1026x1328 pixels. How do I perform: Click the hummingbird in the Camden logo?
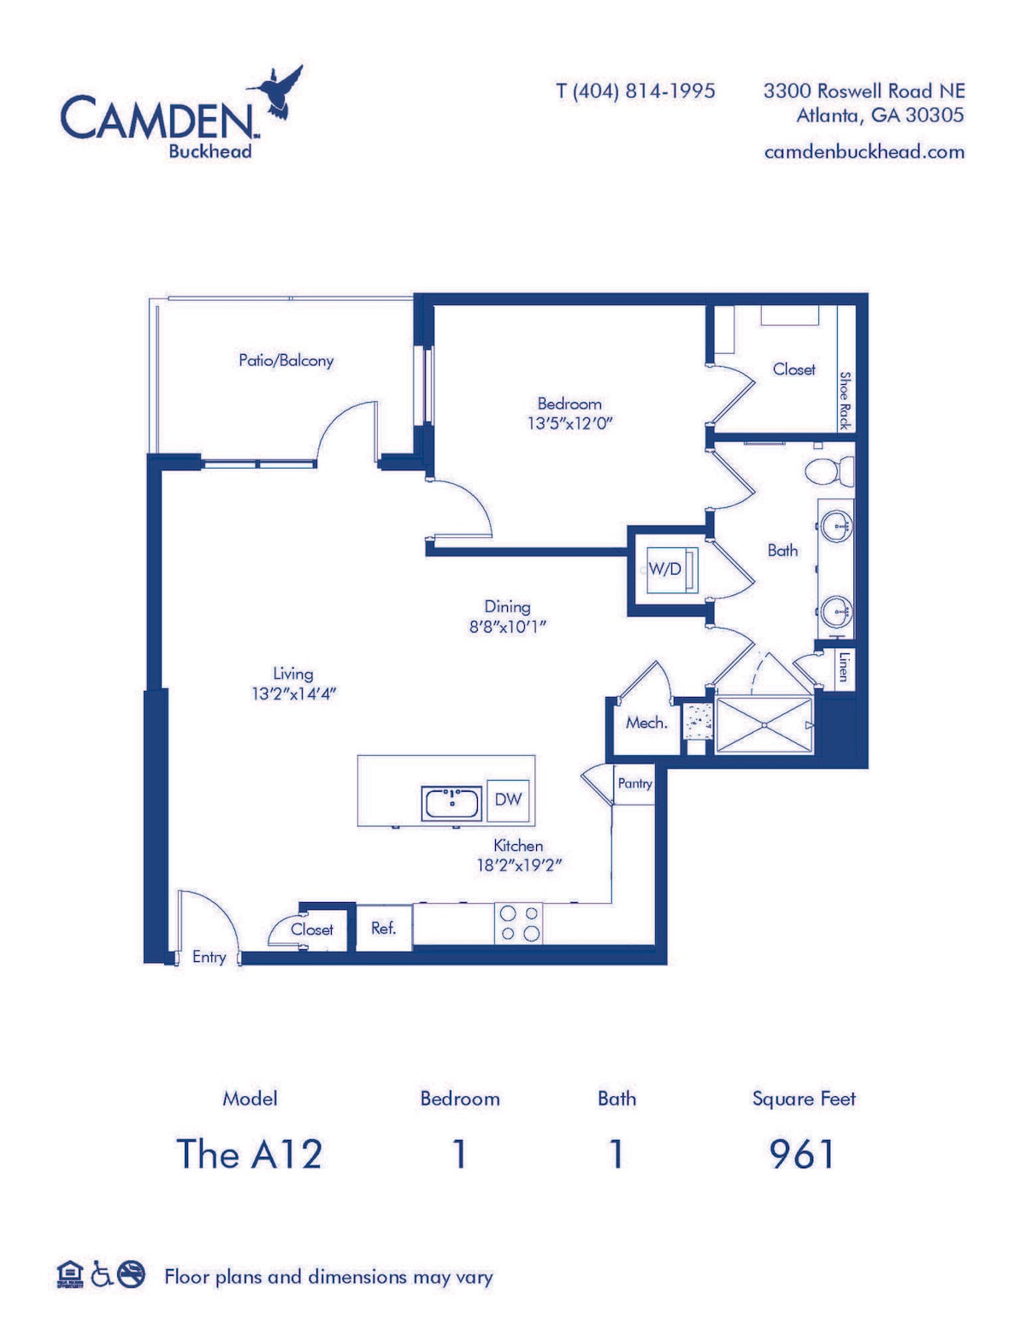coord(282,92)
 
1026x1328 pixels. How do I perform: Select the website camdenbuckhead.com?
coord(864,151)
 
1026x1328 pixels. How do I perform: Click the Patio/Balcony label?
coord(286,361)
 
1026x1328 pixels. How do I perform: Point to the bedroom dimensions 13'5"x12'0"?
coord(569,423)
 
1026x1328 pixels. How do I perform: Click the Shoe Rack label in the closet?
coord(845,400)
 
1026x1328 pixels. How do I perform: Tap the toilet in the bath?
coord(828,471)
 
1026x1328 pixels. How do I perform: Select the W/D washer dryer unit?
coord(671,570)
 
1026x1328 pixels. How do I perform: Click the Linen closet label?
coord(844,667)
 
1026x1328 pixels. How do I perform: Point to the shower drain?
coord(764,725)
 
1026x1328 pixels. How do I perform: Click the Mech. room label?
coord(646,723)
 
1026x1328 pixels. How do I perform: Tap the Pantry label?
coord(635,783)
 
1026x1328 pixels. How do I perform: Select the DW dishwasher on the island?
coord(508,800)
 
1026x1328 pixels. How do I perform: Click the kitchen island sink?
coord(451,803)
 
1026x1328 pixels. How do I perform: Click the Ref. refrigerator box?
coord(383,929)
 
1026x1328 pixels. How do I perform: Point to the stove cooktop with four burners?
coord(518,924)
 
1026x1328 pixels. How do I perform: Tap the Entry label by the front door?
coord(209,957)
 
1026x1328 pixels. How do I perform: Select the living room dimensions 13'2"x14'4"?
coord(294,694)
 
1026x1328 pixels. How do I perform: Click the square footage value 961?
coord(802,1154)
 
